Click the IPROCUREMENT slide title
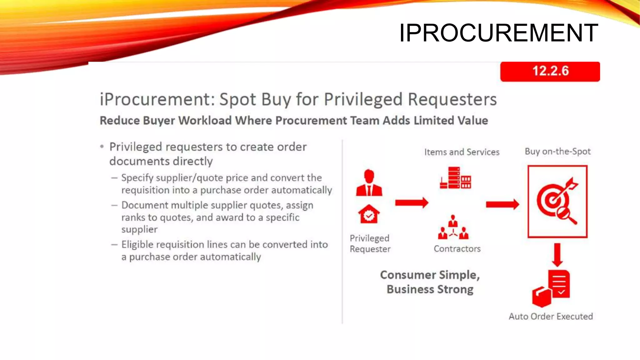498,33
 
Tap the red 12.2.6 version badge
550,72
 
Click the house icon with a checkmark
369,214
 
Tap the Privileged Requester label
370,243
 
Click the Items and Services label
462,152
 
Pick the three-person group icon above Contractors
453,227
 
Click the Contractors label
457,249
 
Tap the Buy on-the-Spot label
557,152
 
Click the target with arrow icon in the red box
557,201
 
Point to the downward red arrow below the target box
557,254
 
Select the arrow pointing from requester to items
412,203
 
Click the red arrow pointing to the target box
502,204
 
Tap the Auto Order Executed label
551,316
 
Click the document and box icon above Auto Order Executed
551,288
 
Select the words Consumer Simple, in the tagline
430,275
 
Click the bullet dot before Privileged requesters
102,146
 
